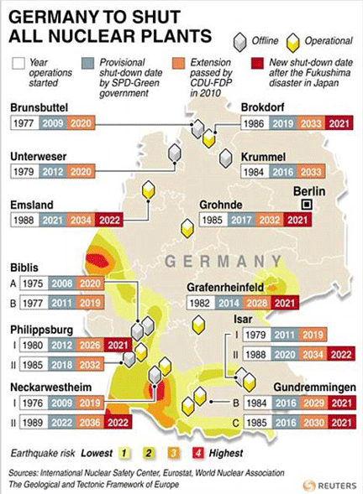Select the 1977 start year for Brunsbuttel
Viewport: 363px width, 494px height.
pyautogui.click(x=26, y=123)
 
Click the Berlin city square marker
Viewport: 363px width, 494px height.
pyautogui.click(x=308, y=204)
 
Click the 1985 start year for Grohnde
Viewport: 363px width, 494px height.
pyautogui.click(x=213, y=220)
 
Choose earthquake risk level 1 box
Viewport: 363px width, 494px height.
pyautogui.click(x=126, y=453)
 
